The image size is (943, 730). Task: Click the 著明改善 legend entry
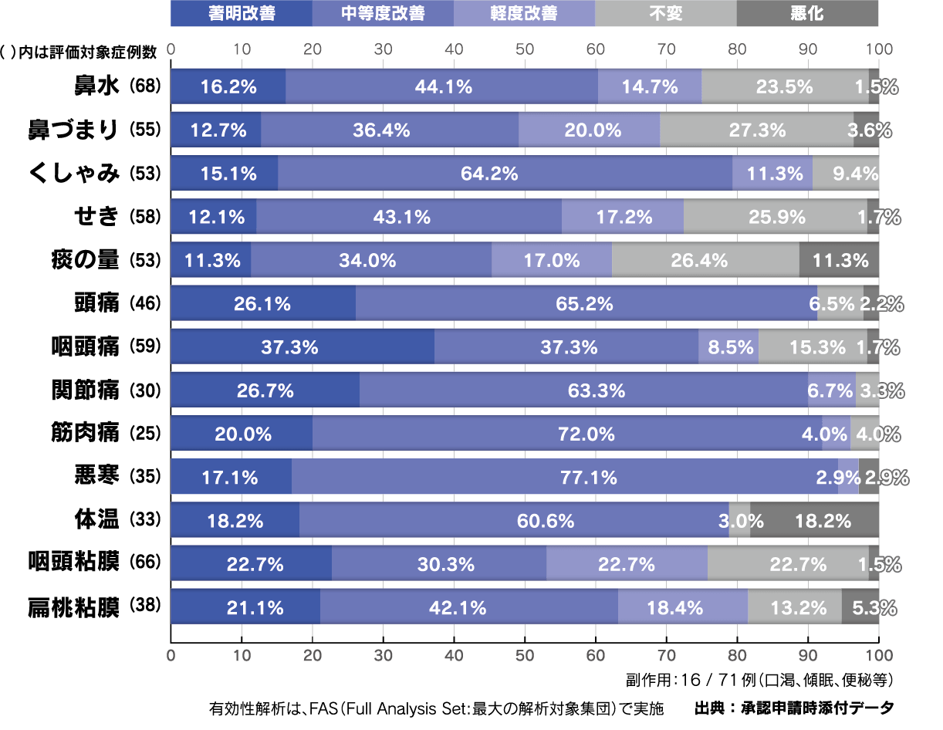pos(241,13)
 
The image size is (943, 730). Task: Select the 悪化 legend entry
pos(807,13)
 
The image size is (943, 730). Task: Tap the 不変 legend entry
pos(666,13)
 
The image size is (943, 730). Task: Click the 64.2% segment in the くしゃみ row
pos(505,174)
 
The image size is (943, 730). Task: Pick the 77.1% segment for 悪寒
pos(565,478)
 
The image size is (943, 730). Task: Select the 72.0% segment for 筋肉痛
pos(567,434)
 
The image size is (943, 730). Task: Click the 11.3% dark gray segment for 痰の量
pos(840,260)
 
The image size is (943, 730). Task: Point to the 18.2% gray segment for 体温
pos(815,521)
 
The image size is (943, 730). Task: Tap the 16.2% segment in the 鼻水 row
pos(228,86)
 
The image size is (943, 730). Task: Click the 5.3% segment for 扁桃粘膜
pos(860,608)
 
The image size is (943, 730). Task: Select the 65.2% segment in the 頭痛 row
pos(586,304)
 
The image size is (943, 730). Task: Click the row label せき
pos(96,217)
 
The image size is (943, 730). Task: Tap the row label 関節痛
pos(84,390)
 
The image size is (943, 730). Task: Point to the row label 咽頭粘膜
pos(74,563)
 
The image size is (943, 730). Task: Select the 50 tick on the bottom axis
pos(525,655)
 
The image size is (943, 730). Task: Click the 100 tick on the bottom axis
pos(879,655)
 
